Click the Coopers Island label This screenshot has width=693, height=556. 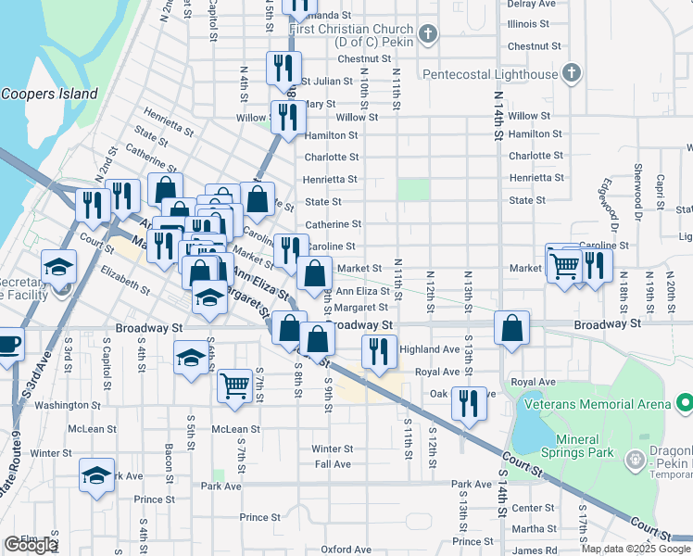tap(49, 94)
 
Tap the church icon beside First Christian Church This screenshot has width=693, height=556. tap(426, 35)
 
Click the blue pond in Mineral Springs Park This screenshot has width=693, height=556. tap(529, 429)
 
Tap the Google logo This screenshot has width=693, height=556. tap(31, 545)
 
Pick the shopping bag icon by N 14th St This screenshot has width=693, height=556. tap(511, 328)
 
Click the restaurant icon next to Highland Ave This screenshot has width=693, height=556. tap(378, 352)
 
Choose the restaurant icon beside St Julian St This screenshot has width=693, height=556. tap(283, 68)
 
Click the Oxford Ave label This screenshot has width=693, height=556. tap(346, 550)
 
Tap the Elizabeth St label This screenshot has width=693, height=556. tap(125, 281)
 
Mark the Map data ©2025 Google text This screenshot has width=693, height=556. tap(636, 549)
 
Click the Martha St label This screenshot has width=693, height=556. tap(534, 529)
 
